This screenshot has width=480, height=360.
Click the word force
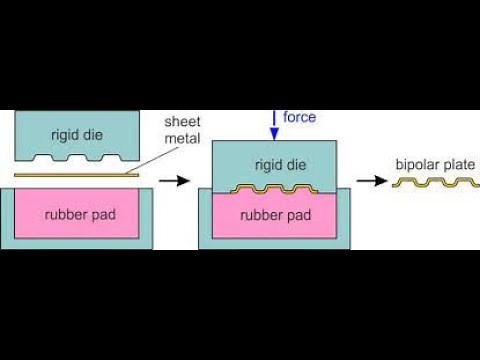pyautogui.click(x=299, y=117)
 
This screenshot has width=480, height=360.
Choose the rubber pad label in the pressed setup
pyautogui.click(x=273, y=214)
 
